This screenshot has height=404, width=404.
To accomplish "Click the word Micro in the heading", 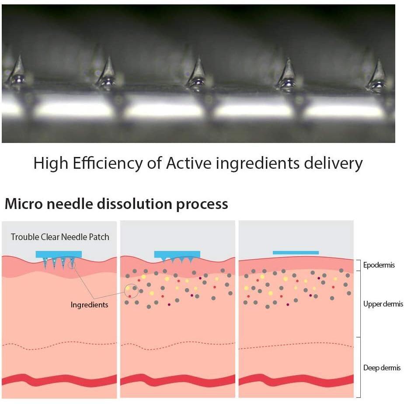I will click(21, 204).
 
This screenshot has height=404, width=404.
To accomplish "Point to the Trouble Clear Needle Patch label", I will click(60, 237).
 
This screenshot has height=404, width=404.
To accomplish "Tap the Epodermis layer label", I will click(379, 265).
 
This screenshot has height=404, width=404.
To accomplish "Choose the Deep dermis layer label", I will click(382, 368).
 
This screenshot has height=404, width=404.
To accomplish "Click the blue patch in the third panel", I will click(296, 253).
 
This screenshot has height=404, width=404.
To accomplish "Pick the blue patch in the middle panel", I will click(177, 254).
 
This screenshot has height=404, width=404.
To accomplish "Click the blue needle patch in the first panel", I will click(59, 254).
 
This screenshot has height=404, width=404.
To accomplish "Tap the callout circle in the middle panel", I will click(132, 291).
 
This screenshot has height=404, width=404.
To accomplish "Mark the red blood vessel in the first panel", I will click(59, 380).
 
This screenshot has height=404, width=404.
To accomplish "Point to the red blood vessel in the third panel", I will click(296, 380).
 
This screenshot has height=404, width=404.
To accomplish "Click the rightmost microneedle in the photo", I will click(377, 74).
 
